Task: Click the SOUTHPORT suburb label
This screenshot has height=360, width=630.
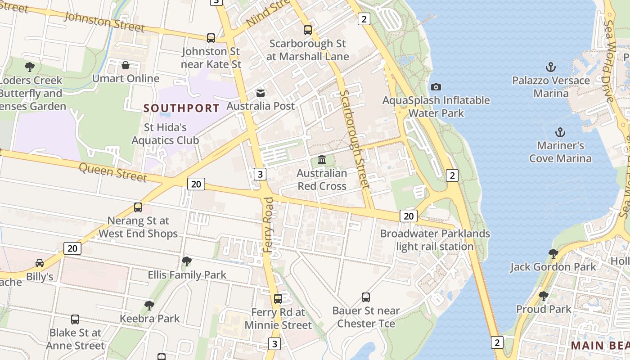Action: (181, 108)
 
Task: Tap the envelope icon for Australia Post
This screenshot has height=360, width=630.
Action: (261, 93)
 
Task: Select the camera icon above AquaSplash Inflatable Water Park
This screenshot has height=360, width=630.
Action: (436, 87)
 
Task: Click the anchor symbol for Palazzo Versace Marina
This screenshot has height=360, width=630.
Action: (551, 67)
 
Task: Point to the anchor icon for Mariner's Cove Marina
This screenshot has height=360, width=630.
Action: (560, 132)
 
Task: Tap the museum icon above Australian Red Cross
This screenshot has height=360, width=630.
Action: (322, 160)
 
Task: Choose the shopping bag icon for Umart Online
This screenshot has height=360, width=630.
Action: (126, 66)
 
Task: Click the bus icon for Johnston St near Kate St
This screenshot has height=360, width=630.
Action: (211, 38)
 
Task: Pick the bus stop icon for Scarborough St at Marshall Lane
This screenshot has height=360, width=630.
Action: (308, 30)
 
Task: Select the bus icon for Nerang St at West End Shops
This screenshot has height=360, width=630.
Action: (138, 207)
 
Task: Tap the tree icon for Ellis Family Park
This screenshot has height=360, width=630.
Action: (187, 261)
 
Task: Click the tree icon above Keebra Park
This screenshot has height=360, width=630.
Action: (149, 305)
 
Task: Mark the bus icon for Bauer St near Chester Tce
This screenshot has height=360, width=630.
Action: (366, 297)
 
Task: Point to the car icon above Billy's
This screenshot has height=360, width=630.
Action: (40, 263)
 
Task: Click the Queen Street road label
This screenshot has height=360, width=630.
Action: (113, 172)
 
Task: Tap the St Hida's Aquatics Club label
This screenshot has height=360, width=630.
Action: (165, 134)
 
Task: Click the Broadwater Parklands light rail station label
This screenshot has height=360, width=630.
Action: (435, 240)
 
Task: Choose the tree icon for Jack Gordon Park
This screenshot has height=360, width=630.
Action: (553, 253)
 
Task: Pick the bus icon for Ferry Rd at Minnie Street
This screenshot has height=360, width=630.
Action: (278, 299)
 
